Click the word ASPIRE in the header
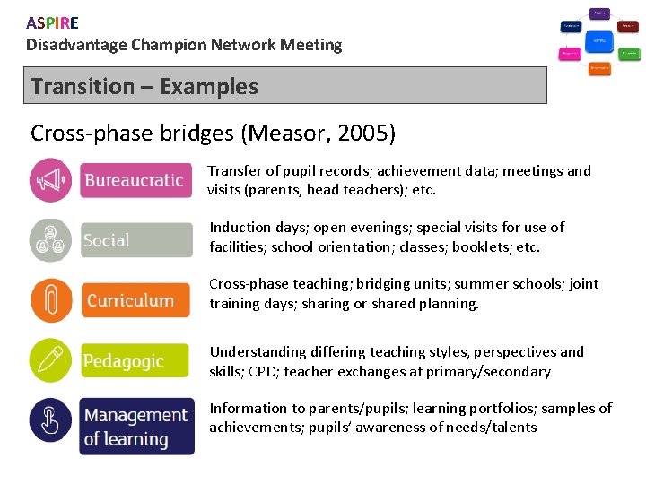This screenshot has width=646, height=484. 52,23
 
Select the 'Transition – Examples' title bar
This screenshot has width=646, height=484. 284,86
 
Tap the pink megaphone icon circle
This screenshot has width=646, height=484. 51,180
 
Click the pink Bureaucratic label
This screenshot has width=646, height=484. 135,180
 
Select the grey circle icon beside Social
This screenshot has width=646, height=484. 51,240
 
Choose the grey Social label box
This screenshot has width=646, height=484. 135,240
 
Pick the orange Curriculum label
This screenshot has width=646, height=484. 135,300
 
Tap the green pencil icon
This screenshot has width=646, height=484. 51,360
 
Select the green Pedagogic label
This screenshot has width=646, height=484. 135,360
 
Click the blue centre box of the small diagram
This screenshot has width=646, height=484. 599,41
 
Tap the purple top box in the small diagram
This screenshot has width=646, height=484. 599,13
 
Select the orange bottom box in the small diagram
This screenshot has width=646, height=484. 599,68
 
